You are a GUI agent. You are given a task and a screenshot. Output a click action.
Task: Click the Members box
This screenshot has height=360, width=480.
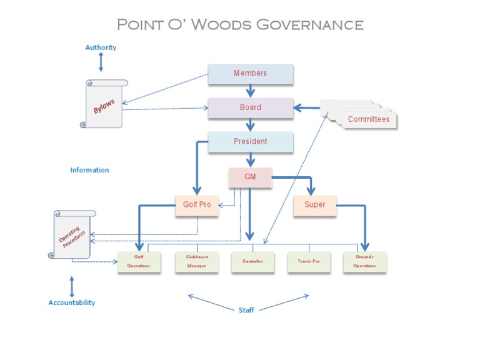click(x=250, y=74)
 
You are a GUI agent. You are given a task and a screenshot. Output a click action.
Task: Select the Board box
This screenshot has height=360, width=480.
click(x=250, y=107)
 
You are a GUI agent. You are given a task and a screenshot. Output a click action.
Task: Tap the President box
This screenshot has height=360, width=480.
click(x=250, y=141)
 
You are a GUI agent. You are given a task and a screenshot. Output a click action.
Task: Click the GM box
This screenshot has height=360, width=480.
click(x=250, y=177)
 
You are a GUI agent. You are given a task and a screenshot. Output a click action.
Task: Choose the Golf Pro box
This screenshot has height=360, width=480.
click(x=197, y=205)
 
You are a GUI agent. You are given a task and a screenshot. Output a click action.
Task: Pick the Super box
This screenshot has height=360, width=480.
click(x=314, y=205)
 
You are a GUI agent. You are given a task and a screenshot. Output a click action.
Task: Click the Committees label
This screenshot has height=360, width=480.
click(x=368, y=119)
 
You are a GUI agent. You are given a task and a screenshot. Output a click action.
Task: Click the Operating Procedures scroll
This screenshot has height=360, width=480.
click(x=72, y=234)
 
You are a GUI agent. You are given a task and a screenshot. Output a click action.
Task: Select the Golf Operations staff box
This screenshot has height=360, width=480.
click(x=139, y=262)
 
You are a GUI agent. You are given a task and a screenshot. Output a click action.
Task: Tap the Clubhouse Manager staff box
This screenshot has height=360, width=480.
click(x=196, y=262)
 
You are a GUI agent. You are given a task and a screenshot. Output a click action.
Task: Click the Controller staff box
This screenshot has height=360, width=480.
click(x=252, y=262)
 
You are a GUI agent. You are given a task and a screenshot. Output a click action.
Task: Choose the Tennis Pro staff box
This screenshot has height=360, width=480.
click(x=308, y=262)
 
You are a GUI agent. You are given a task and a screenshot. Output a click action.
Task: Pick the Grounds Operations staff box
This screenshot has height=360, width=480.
click(x=365, y=262)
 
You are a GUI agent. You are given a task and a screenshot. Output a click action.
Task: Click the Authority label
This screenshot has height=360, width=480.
click(x=101, y=47)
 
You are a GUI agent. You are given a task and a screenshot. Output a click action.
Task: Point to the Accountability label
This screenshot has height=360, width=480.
click(x=72, y=302)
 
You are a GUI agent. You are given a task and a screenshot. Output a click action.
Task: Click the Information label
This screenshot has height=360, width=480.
click(x=89, y=170)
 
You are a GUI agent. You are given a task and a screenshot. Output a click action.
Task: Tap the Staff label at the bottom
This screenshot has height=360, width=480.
click(x=246, y=310)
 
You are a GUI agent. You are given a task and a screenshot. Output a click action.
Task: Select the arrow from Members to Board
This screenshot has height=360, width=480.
click(x=251, y=91)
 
